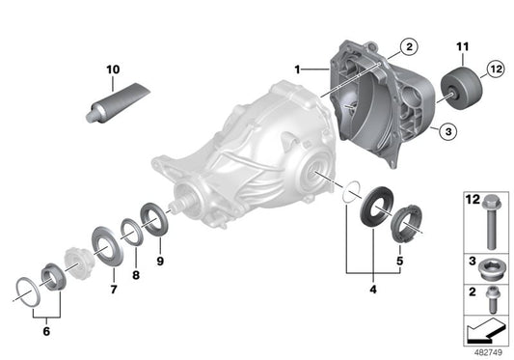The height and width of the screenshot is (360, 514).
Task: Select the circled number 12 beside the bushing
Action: pyautogui.click(x=496, y=69)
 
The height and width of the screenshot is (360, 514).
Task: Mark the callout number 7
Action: pyautogui.click(x=112, y=288)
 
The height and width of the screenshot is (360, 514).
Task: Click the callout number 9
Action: pyautogui.click(x=161, y=260)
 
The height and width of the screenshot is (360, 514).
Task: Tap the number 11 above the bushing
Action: pyautogui.click(x=461, y=46)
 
